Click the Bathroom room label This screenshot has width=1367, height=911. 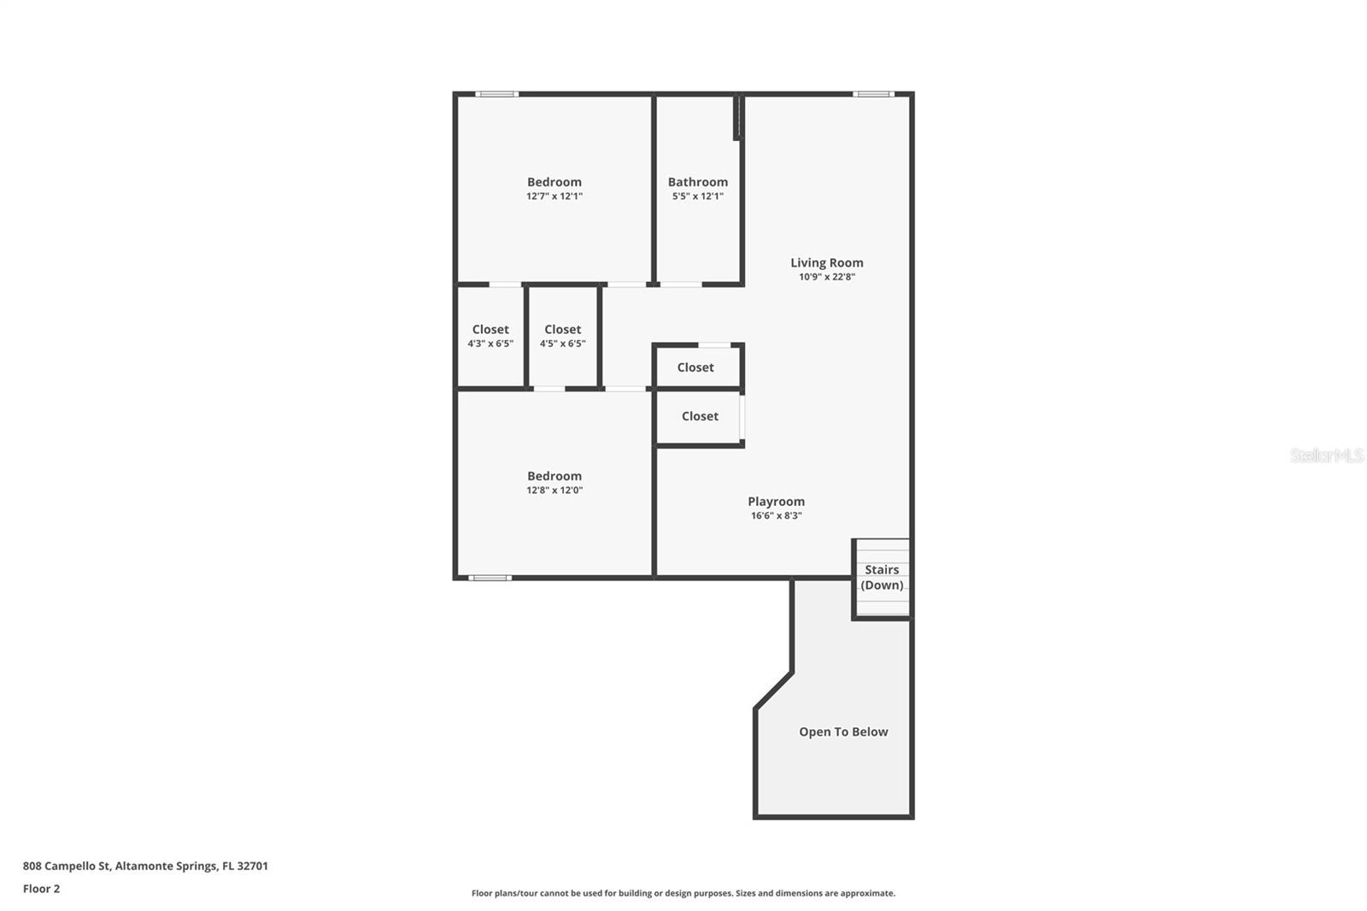[x=697, y=182]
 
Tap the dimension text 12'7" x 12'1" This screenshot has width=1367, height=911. [x=554, y=197]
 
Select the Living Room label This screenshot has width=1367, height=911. [x=826, y=262]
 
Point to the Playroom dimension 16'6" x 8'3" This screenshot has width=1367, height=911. [x=776, y=516]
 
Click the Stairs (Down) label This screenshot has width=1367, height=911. [x=882, y=577]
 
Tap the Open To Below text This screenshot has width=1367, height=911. [x=843, y=732]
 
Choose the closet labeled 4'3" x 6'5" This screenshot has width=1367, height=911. [x=490, y=336]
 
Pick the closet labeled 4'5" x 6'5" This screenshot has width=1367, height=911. [x=562, y=336]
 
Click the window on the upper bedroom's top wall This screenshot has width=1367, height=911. [x=496, y=94]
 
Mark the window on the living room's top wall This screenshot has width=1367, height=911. [x=873, y=94]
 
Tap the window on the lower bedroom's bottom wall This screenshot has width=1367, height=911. [x=490, y=579]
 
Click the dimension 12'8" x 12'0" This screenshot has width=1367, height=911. [x=554, y=491]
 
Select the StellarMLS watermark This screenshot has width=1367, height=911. [x=1326, y=455]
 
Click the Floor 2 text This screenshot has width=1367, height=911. [x=41, y=889]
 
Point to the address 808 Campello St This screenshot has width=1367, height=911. [x=145, y=866]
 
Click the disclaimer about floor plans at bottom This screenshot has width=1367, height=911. [x=683, y=893]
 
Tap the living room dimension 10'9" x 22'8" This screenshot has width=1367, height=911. [x=826, y=277]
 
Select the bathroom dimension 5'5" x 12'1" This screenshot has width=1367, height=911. [x=697, y=197]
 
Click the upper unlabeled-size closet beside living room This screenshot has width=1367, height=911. [x=695, y=367]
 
